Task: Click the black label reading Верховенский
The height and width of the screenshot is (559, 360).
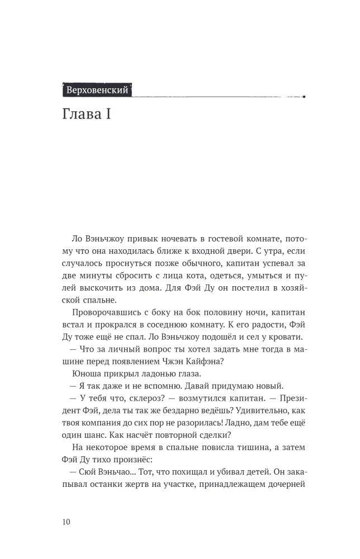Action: (97, 89)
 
